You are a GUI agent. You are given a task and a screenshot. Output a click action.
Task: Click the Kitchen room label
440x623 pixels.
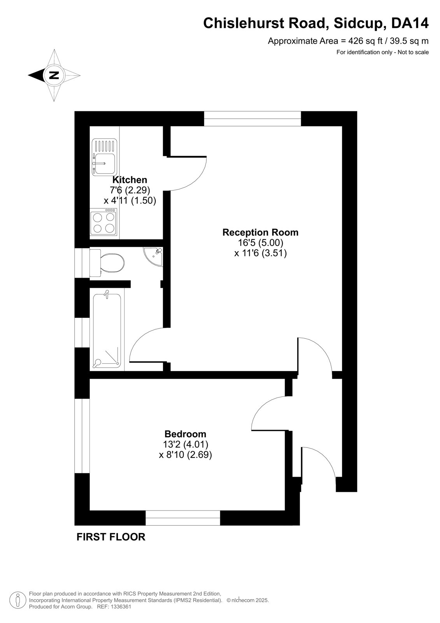pos(130,180)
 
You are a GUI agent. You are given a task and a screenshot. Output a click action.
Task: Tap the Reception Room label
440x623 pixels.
pos(260,232)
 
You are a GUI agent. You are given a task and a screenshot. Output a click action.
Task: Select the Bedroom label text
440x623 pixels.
pos(186,434)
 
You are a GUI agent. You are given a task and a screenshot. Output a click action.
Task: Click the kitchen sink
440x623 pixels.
pos(105,157)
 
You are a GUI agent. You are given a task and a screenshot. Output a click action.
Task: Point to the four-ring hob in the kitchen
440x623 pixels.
pos(103,222)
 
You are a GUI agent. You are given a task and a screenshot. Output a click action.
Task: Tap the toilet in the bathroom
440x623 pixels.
pos(107,263)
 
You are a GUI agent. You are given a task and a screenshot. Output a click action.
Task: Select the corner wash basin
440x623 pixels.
pos(154,256)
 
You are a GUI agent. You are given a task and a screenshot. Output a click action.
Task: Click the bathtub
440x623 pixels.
pos(107,329)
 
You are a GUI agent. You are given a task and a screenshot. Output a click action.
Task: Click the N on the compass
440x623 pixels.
pos(54,75)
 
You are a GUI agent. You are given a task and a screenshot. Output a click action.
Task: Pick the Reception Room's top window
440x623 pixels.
pos(252,118)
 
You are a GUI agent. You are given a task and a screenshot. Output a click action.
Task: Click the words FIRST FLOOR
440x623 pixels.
pos(111,537)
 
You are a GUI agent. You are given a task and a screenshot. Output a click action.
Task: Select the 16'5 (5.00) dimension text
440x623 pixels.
pos(260,243)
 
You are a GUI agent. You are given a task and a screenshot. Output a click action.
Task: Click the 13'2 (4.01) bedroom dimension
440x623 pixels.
pos(186,444)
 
